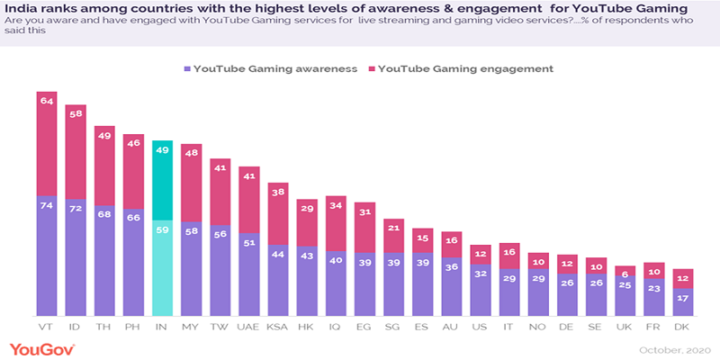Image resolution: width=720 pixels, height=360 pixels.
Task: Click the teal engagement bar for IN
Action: pyautogui.click(x=162, y=180)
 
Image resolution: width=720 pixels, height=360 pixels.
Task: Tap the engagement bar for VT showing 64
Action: pyautogui.click(x=47, y=144)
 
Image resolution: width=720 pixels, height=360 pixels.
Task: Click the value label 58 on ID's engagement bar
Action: pyautogui.click(x=76, y=113)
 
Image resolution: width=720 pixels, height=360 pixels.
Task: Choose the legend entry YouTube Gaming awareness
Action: pyautogui.click(x=270, y=68)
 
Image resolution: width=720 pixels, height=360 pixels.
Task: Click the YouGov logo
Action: pyautogui.click(x=41, y=347)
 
